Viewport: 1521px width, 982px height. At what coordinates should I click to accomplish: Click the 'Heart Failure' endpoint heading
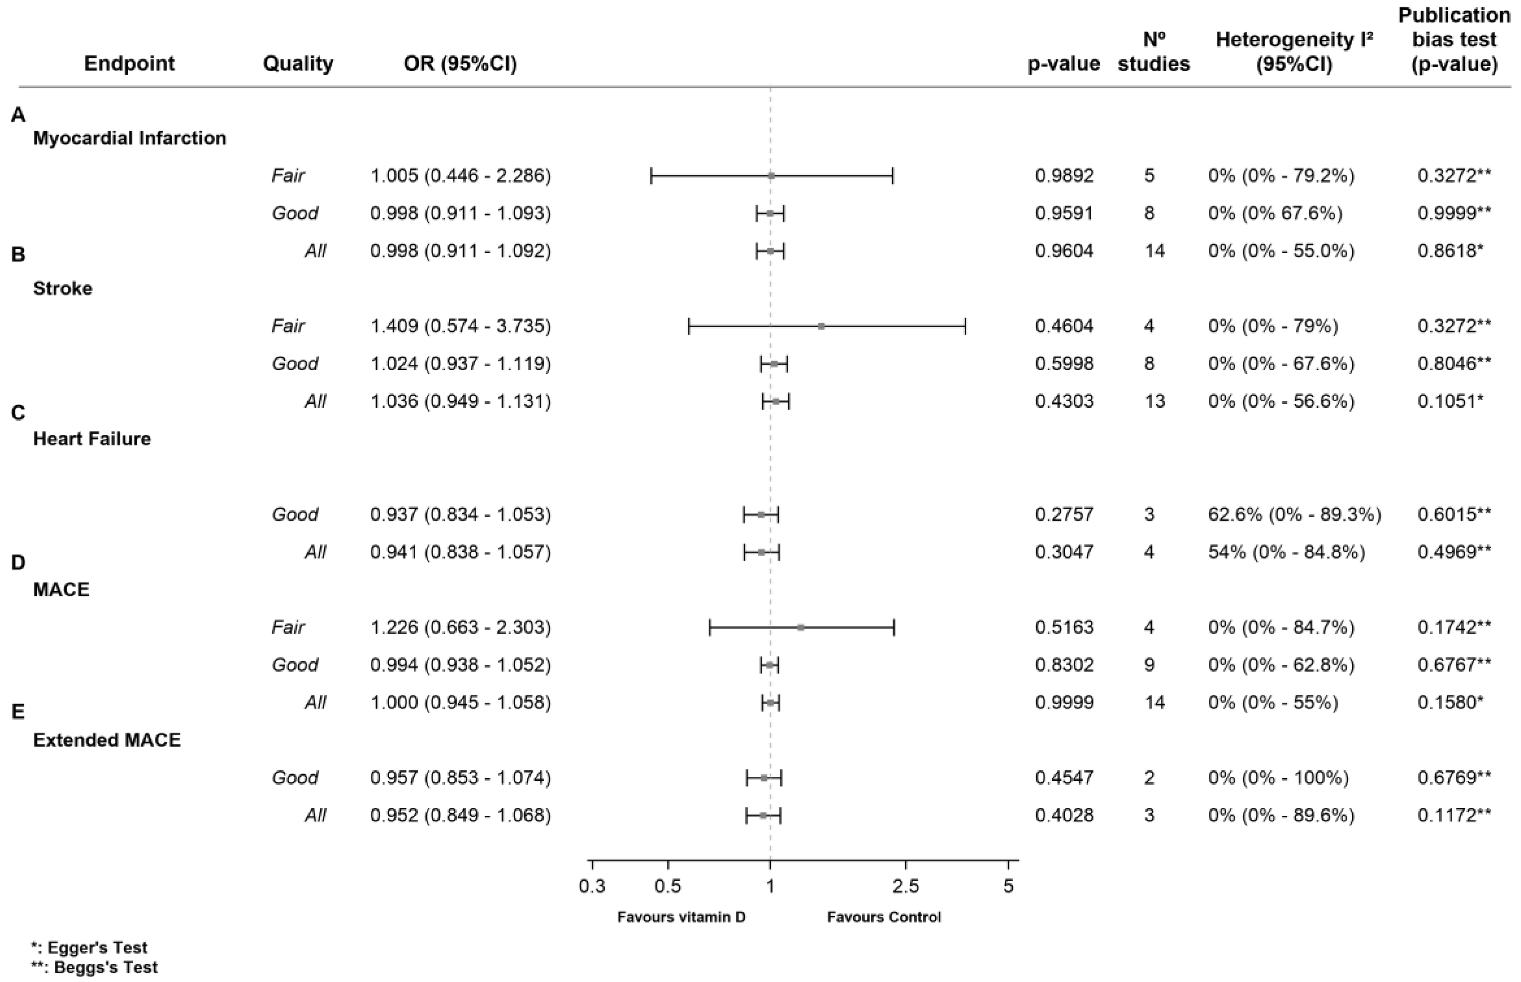92,439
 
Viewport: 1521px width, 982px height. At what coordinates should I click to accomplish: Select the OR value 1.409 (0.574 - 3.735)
461,326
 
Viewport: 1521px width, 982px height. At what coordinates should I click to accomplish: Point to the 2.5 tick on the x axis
906,886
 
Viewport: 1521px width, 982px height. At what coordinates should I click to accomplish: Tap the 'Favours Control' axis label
884,917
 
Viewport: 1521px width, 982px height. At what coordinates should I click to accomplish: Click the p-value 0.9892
1064,175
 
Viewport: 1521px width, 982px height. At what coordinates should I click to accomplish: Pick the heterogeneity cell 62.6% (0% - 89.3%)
1294,514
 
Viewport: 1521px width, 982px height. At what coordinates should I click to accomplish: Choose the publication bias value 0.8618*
1450,251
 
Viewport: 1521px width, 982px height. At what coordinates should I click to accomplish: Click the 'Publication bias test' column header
1454,39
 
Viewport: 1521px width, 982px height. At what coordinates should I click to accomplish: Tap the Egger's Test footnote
89,947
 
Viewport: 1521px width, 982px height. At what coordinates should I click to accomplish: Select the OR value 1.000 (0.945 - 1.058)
461,702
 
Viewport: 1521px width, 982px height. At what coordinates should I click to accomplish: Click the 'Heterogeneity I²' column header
1294,51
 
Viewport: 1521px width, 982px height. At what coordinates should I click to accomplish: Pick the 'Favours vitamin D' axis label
681,917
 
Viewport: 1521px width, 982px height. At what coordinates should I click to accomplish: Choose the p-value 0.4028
1064,815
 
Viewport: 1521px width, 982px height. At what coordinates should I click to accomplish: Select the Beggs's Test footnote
94,967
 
